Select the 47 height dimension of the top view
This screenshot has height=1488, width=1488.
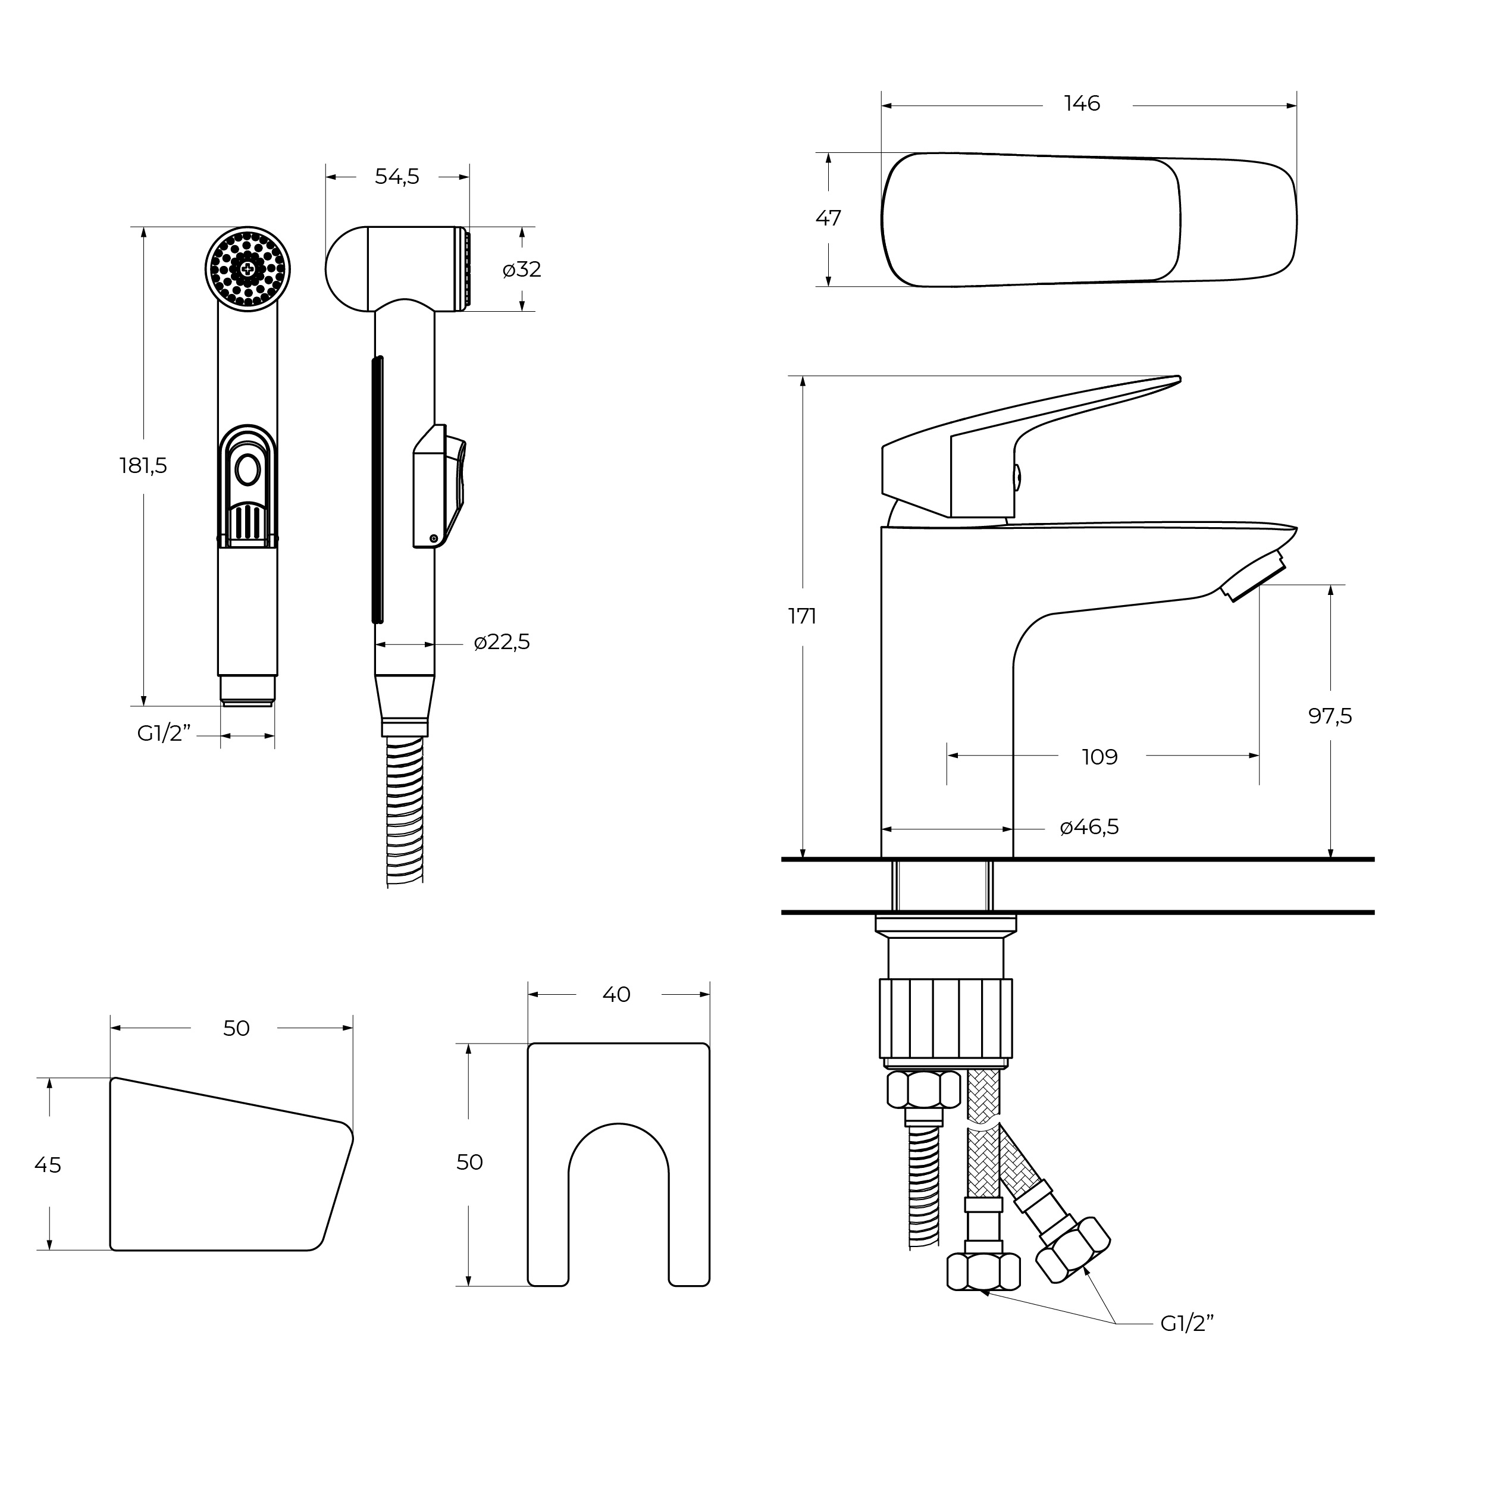828,219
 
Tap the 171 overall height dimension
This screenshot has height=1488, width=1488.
802,616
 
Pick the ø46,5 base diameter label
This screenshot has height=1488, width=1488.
1088,827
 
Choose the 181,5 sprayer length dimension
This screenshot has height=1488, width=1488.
143,466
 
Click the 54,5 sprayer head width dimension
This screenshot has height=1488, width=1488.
397,177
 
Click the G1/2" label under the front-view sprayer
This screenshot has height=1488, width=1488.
163,734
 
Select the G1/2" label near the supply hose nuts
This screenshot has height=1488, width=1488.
1187,1323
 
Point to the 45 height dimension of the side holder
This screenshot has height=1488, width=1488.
48,1166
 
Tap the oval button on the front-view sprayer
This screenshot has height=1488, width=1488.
248,470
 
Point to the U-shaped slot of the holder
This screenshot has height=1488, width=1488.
618,1201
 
